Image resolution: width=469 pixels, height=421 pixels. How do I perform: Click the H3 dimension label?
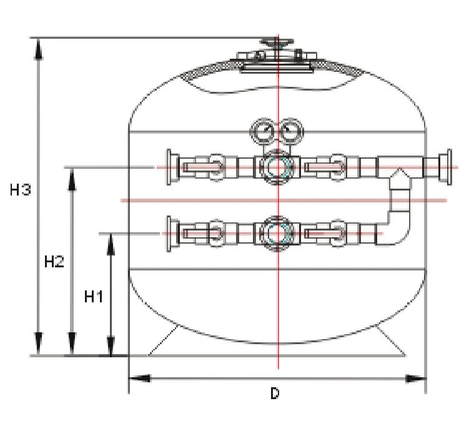[21, 191]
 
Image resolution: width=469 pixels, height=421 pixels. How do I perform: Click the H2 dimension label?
[54, 262]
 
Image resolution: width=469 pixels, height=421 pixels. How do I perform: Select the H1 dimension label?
[93, 297]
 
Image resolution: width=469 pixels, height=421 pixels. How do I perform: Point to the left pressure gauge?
[260, 132]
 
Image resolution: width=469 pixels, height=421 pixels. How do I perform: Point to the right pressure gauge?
[289, 132]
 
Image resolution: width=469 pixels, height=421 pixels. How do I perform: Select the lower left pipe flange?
[169, 233]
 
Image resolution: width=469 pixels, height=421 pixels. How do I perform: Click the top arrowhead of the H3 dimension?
[39, 47]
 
